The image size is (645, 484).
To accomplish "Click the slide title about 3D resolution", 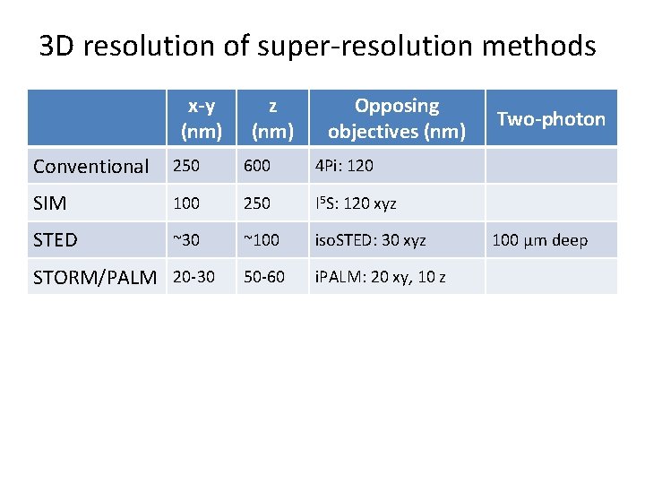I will [317, 45].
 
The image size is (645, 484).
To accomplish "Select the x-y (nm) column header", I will [202, 118].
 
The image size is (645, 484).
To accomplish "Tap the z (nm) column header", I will [272, 118].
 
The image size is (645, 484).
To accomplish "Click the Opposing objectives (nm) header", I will [396, 118].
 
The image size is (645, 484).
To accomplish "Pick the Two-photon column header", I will [551, 118].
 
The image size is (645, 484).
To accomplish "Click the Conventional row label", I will [90, 166].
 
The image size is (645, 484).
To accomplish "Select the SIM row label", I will [50, 203].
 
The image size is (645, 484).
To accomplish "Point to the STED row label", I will [56, 240].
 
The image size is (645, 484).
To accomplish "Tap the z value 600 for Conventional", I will [256, 166].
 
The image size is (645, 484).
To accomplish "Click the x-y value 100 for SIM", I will [186, 203].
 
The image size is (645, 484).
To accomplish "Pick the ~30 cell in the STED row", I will [186, 240].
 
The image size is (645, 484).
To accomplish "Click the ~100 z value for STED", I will [262, 240].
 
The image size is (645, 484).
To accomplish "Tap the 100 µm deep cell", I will [540, 240].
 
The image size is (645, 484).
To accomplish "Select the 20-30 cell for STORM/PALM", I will [193, 278].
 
